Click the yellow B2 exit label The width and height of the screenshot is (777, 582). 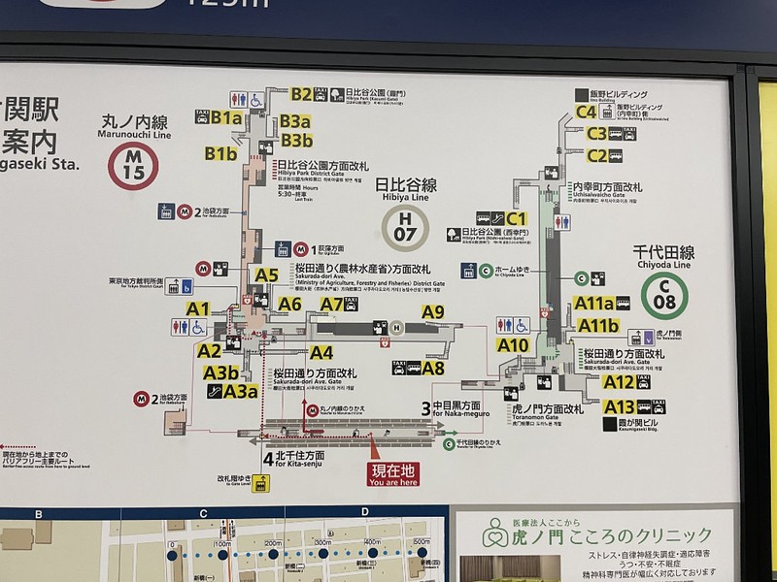point(301,95)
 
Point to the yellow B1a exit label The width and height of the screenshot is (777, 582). point(226,118)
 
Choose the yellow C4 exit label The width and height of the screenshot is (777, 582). point(585,112)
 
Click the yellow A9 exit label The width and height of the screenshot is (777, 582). point(433,311)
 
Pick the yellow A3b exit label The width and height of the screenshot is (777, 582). point(221,371)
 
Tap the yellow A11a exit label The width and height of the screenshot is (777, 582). point(593,303)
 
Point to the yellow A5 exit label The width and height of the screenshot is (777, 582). point(266,275)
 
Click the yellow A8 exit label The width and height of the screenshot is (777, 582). point(433,368)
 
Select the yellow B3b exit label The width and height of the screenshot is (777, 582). point(295,142)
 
